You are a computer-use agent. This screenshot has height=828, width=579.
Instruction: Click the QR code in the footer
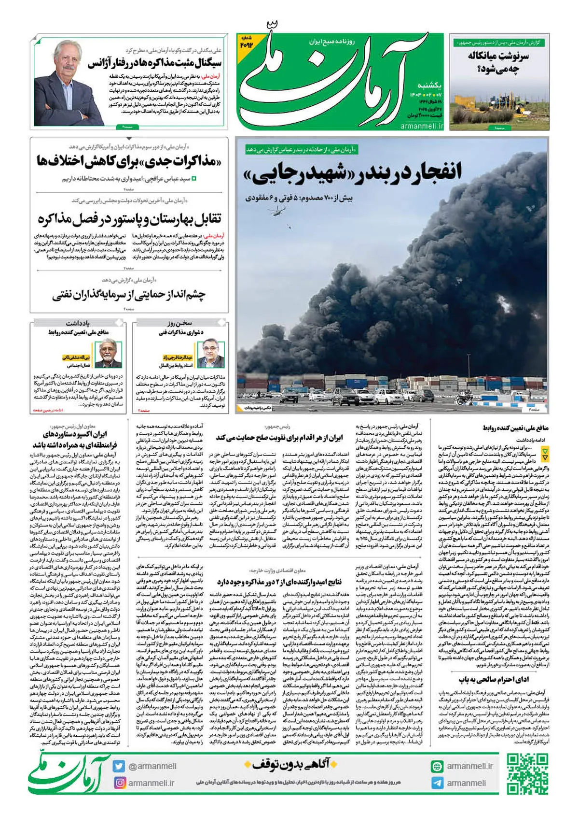pyautogui.click(x=528, y=774)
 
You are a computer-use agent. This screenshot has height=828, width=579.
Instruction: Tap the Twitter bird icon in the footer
pyautogui.click(x=119, y=766)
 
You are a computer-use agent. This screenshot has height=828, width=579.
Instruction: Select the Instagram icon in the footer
pyautogui.click(x=119, y=783)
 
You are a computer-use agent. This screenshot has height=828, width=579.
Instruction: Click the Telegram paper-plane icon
pyautogui.click(x=437, y=783)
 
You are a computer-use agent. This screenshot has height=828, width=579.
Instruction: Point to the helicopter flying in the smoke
pyautogui.click(x=280, y=210)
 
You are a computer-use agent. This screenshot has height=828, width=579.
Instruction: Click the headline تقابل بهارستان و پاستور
pyautogui.click(x=129, y=219)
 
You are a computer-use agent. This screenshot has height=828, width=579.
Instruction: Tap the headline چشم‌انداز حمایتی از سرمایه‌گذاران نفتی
pyautogui.click(x=129, y=294)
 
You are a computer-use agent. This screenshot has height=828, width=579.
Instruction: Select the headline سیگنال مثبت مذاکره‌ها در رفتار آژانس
pyautogui.click(x=154, y=64)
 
